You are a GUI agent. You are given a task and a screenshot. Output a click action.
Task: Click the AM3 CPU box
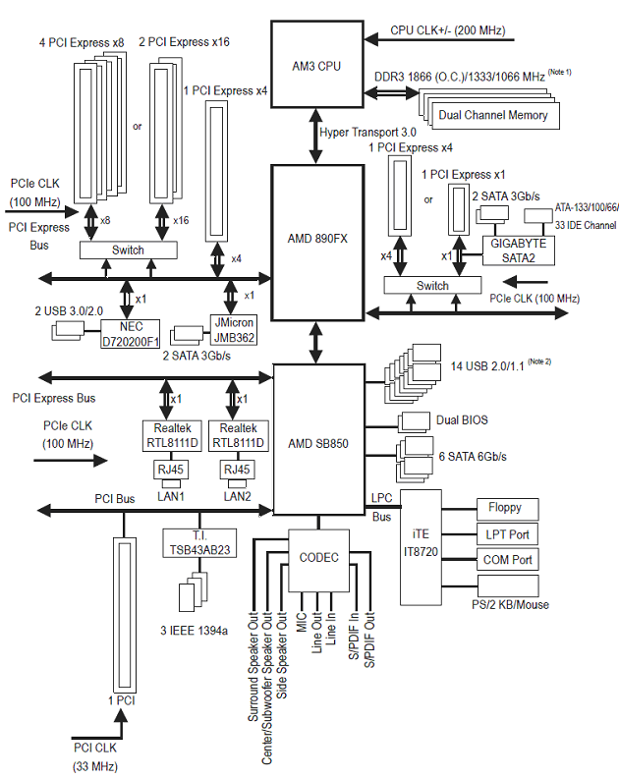pyautogui.click(x=317, y=64)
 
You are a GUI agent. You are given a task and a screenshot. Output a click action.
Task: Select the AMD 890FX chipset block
pyautogui.click(x=317, y=243)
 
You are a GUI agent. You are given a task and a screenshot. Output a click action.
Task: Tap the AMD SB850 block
pyautogui.click(x=319, y=440)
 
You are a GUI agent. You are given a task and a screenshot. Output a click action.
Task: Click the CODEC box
pyautogui.click(x=318, y=560)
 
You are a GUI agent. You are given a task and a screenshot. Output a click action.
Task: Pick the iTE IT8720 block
pyautogui.click(x=421, y=547)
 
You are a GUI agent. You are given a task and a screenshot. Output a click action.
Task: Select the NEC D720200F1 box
pyautogui.click(x=130, y=334)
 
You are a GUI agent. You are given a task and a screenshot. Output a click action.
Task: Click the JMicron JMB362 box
pyautogui.click(x=234, y=330)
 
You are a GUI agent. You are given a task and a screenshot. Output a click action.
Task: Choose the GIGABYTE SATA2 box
pyautogui.click(x=519, y=250)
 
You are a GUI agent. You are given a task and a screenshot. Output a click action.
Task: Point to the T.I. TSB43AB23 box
pyautogui.click(x=199, y=543)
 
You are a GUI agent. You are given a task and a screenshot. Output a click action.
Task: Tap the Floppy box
pyautogui.click(x=507, y=509)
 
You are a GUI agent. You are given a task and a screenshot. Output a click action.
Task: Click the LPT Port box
pyautogui.click(x=507, y=534)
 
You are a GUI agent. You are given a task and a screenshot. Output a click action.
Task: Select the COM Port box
pyautogui.click(x=507, y=560)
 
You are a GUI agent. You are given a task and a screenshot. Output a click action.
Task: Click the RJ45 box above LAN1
pyautogui.click(x=170, y=470)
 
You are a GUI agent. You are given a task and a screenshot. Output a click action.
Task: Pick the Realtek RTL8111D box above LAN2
pyautogui.click(x=238, y=436)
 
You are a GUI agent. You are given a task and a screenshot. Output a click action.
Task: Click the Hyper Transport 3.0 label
pyautogui.click(x=367, y=133)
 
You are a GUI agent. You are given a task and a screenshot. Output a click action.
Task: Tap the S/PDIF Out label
pyautogui.click(x=369, y=640)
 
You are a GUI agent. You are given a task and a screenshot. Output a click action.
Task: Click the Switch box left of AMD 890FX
pyautogui.click(x=128, y=250)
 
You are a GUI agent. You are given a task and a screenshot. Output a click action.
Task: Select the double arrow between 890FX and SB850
pyautogui.click(x=317, y=343)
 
